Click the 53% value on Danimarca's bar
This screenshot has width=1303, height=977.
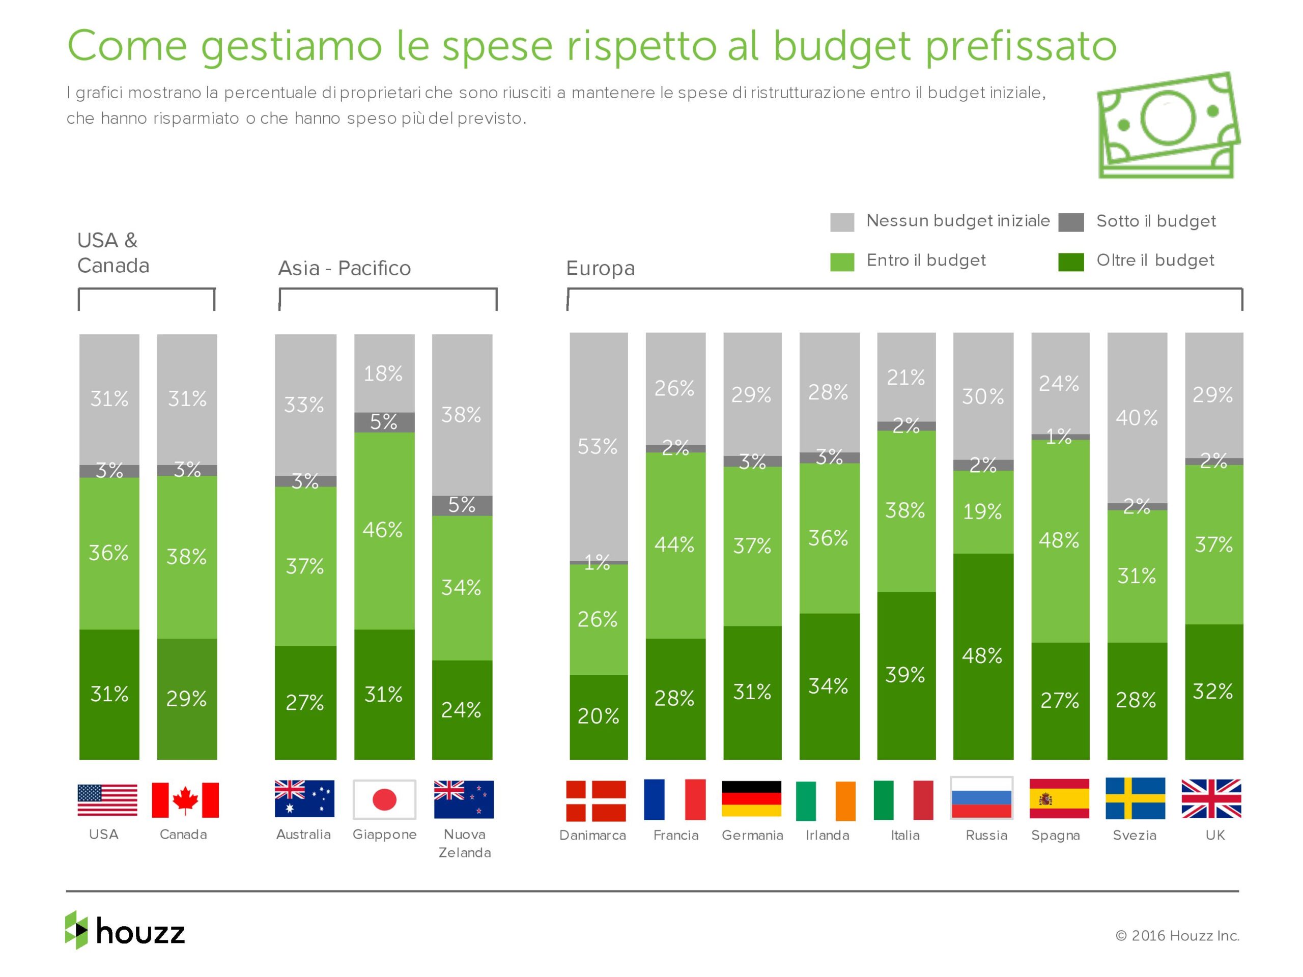tap(598, 447)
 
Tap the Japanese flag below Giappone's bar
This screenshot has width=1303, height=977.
tap(384, 799)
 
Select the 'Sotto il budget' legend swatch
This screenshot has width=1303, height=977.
tap(1070, 222)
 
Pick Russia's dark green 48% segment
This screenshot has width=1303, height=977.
tap(982, 655)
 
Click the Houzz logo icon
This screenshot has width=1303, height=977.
tap(76, 929)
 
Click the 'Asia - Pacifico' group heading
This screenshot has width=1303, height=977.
tap(344, 269)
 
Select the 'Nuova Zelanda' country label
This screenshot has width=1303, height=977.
tap(464, 843)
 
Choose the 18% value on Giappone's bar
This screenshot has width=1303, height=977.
tap(383, 373)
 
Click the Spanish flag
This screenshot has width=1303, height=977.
tap(1059, 798)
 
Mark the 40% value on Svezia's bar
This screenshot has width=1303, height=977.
tap(1136, 418)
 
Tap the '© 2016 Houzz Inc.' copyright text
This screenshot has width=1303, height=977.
tap(1177, 935)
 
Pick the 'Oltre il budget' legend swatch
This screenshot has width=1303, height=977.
tap(1070, 262)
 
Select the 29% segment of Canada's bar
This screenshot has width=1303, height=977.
tap(187, 699)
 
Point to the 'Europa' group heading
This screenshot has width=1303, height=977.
tap(600, 269)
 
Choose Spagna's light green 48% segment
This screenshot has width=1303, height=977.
tap(1059, 540)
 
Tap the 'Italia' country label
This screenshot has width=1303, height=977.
tap(905, 835)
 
